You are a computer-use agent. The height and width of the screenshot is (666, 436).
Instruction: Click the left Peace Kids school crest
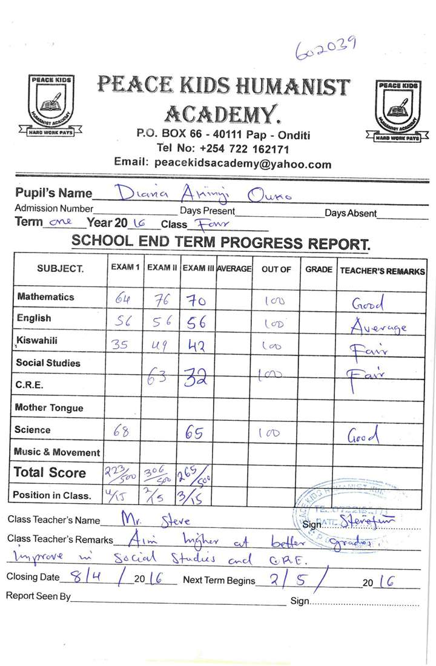click(x=51, y=104)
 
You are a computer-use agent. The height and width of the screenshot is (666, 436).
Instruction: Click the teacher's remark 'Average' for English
click(x=379, y=327)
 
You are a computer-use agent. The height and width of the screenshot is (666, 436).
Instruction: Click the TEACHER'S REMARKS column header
click(x=382, y=271)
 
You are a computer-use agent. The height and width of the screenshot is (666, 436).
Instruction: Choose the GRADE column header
click(x=319, y=269)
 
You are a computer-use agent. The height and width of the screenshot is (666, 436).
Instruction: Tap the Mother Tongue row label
click(x=49, y=408)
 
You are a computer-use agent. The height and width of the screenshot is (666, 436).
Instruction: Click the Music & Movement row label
click(x=58, y=452)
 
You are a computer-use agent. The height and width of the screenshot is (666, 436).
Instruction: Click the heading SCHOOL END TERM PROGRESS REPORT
click(x=220, y=242)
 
